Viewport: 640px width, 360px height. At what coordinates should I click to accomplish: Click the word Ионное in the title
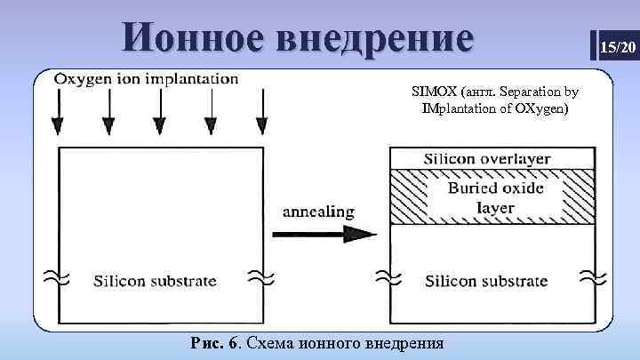tap(193, 38)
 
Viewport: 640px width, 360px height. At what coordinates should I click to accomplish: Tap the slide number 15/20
tap(617, 45)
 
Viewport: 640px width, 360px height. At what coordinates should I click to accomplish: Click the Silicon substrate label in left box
tap(156, 281)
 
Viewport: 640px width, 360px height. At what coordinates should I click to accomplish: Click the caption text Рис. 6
tap(214, 342)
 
